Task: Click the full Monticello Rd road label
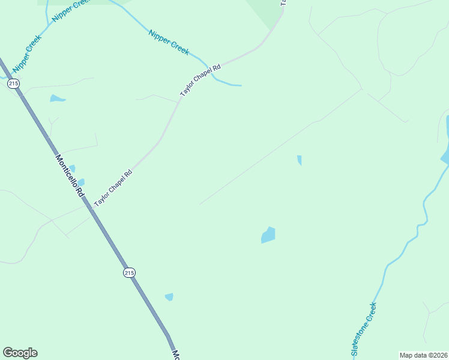point(70,176)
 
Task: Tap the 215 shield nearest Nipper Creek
point(13,84)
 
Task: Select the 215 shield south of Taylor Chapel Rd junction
point(129,272)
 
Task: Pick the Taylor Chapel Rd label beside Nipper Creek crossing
point(200,81)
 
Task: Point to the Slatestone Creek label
point(364,330)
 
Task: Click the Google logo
point(20,353)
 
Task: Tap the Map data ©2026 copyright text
point(423,355)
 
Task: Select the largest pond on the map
point(268,235)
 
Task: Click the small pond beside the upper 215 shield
point(58,98)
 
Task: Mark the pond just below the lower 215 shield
point(169,296)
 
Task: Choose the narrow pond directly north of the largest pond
point(299,160)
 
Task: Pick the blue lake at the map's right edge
point(446,144)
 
